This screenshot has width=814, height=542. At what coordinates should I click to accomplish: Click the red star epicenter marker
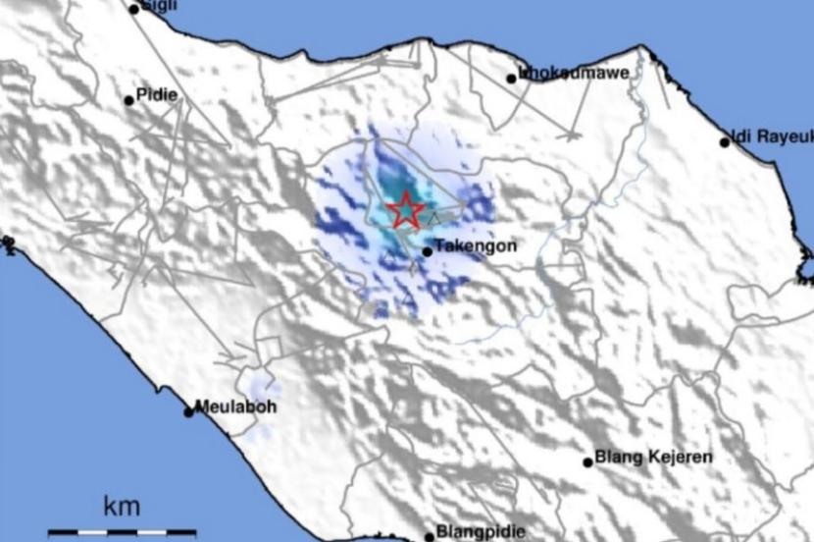point(405,210)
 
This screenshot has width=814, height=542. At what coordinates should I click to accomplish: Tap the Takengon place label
point(475,247)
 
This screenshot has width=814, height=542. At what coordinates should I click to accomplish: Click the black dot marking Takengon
point(428,252)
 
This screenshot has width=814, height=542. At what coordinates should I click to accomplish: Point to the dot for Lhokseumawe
point(512,79)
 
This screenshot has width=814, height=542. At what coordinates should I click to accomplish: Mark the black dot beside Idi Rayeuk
point(725,142)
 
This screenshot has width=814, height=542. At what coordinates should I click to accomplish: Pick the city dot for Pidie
point(128,100)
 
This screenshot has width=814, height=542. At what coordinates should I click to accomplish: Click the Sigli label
point(160,5)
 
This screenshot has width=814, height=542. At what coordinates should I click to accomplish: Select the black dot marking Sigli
point(134,10)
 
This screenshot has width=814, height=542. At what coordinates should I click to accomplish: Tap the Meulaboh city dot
point(189,412)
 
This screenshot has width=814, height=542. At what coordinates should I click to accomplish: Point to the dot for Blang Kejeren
point(588,461)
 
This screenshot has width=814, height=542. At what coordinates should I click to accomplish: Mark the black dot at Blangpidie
point(429,536)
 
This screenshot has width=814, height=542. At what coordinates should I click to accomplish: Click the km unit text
point(122,508)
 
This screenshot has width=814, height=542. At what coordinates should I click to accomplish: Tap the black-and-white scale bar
point(123,533)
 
